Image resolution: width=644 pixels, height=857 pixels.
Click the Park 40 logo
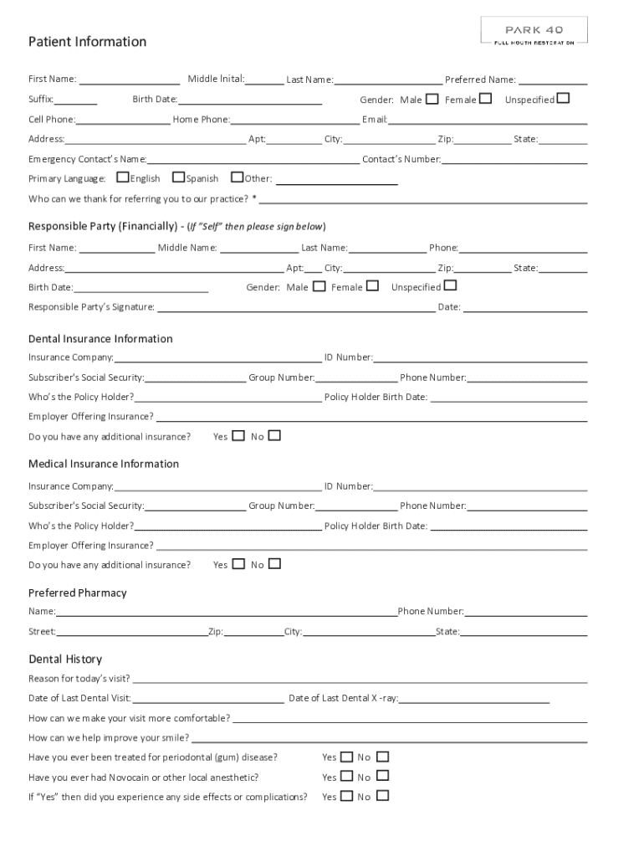coord(534,31)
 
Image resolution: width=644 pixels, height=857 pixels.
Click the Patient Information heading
coord(87,42)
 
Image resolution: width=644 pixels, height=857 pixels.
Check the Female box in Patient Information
coord(485,99)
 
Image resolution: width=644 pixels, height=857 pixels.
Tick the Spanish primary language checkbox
coord(178,177)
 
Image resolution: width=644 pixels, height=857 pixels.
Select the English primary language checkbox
coord(123,177)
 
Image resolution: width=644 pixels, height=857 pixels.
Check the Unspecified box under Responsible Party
coord(450,286)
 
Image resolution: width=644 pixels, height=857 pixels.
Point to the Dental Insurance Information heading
coord(100,339)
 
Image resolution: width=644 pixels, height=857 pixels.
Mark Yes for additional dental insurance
coord(238,435)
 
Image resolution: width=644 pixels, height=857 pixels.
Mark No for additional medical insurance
coord(274,564)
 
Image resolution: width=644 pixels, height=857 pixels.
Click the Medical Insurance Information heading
coord(104,464)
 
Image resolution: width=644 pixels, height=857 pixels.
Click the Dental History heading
coord(65,659)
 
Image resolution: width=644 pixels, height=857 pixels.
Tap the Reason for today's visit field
coord(358,680)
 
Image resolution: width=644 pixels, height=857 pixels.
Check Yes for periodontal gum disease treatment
coord(346,757)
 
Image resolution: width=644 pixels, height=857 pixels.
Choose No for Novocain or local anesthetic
coord(382,777)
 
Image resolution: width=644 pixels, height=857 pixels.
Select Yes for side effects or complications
coord(346,796)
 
